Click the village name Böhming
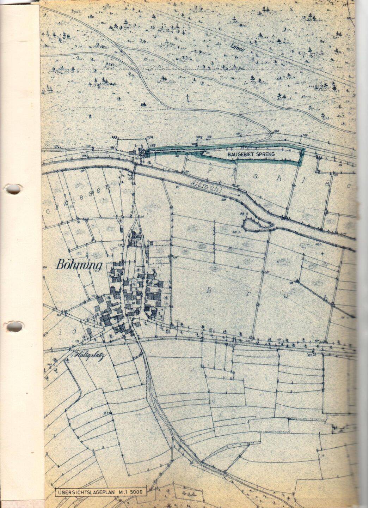pyautogui.click(x=78, y=265)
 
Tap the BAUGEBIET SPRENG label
pyautogui.click(x=251, y=154)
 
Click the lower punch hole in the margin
pyautogui.click(x=13, y=326)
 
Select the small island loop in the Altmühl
pyautogui.click(x=258, y=224)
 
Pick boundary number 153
pyautogui.click(x=153, y=145)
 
